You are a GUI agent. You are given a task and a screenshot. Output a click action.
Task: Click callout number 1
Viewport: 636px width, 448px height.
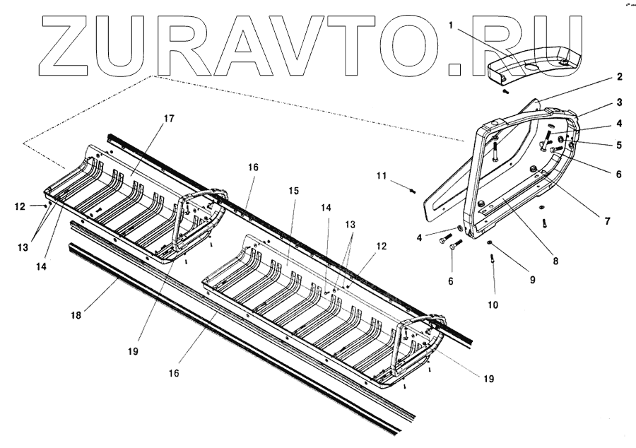tap(450, 25)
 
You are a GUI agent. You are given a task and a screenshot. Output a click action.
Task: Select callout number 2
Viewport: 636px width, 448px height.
tap(618, 76)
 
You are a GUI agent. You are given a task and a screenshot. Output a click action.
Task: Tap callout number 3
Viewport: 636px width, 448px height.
tap(618, 102)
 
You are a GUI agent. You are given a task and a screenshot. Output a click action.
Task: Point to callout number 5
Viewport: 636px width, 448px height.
tap(618, 146)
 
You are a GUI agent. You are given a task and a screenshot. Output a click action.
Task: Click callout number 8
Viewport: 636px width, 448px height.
tap(555, 260)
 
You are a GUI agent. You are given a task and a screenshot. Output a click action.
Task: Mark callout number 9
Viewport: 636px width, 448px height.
tap(533, 279)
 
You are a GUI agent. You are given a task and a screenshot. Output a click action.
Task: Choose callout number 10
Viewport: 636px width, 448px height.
tap(493, 305)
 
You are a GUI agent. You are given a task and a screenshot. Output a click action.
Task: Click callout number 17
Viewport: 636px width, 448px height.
tap(169, 118)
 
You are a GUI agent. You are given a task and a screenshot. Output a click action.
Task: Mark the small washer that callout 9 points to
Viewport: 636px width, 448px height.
tap(490, 244)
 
